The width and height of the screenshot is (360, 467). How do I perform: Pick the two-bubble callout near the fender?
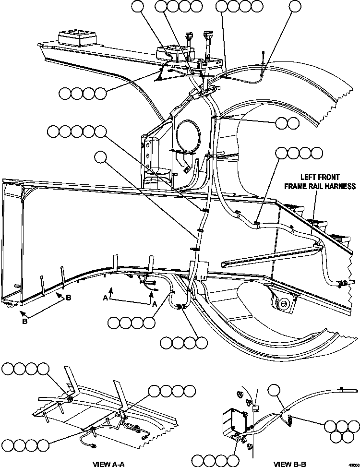(x=287, y=123)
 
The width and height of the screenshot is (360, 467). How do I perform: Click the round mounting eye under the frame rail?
(x=284, y=303)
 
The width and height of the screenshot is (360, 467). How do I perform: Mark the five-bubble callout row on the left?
(x=77, y=131)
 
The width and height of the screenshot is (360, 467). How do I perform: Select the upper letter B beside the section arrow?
(x=68, y=298)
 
